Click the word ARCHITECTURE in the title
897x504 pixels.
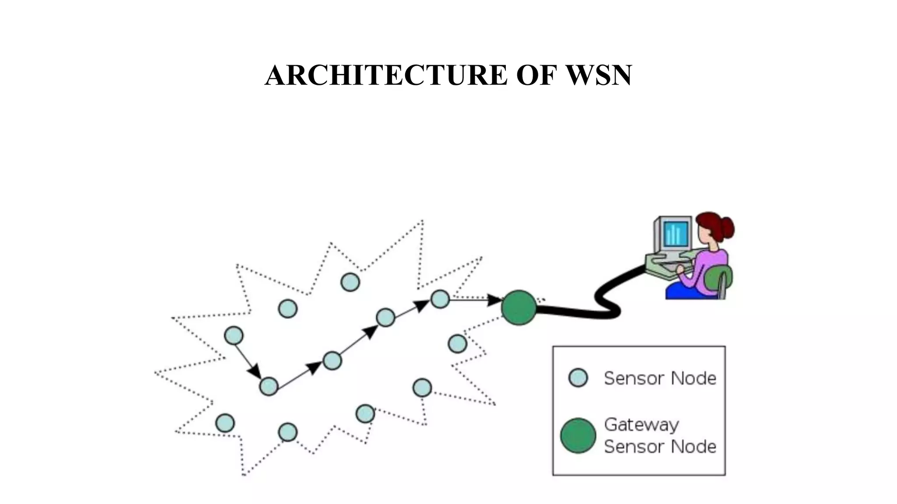coord(386,75)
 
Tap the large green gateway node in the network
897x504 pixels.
coord(519,308)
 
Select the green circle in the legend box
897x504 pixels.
coord(578,436)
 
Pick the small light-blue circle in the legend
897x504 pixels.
coord(578,378)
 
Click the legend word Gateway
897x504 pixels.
coord(641,425)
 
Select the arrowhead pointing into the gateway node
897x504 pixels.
coord(495,300)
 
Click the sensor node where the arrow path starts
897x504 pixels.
coord(233,336)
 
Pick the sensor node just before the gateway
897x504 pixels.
coord(440,299)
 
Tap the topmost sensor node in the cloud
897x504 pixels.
coord(350,282)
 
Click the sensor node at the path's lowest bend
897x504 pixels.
coord(268,386)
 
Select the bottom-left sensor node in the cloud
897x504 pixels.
coord(225,423)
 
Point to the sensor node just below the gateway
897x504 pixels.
coord(457,344)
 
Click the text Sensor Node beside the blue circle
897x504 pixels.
coord(660,378)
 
